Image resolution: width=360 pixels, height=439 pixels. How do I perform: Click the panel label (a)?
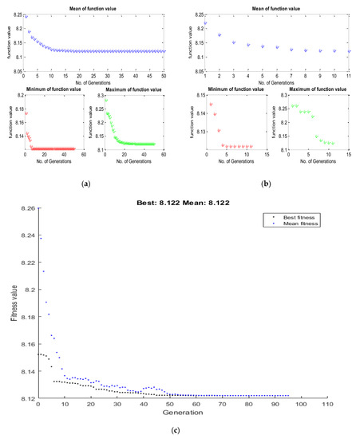(x=85, y=183)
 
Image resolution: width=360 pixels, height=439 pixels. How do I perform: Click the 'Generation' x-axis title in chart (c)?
(x=183, y=413)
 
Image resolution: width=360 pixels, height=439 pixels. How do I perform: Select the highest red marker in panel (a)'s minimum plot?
(x=26, y=113)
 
